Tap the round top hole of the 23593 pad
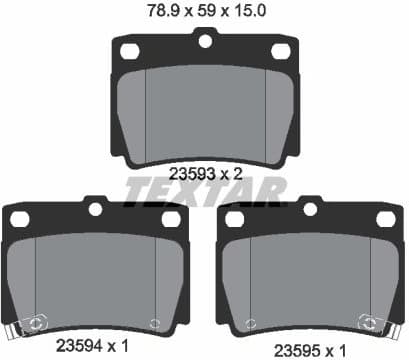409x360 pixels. [205, 40]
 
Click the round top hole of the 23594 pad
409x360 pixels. [96, 209]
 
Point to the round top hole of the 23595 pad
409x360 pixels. [310, 209]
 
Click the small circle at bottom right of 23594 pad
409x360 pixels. [154, 322]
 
